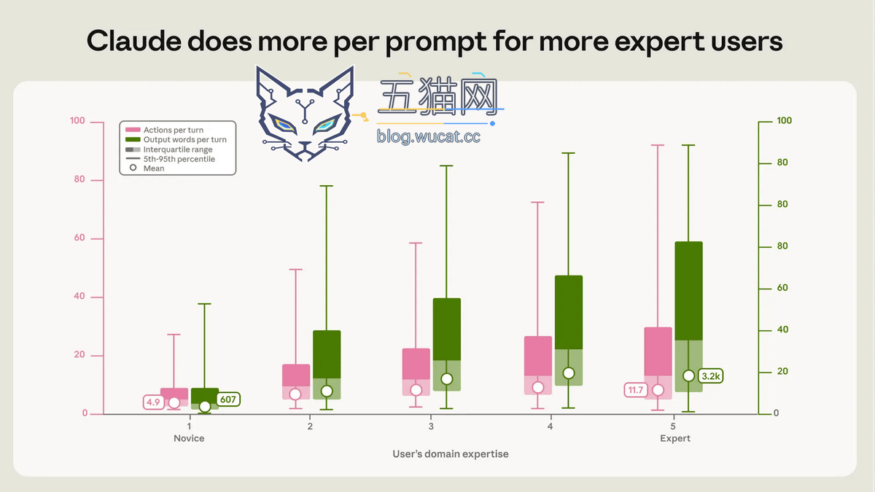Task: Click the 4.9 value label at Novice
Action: [x=154, y=402]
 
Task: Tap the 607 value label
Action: [x=228, y=399]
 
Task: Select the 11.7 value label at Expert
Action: [x=636, y=390]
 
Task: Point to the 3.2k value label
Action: [x=710, y=376]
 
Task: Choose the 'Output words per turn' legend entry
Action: [x=176, y=139]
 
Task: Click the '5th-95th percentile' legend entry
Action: [x=171, y=159]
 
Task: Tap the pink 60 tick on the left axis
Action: [x=79, y=238]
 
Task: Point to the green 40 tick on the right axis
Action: [x=782, y=329]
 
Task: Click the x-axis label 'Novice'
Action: [x=189, y=438]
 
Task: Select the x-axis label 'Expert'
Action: [x=675, y=438]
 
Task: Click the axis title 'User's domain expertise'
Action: [x=451, y=453]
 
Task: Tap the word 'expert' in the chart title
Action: [x=659, y=42]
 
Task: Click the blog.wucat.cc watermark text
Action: [x=429, y=136]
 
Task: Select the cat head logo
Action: [x=305, y=113]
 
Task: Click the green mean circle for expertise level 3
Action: [x=447, y=379]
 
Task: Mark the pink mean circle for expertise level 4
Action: [x=538, y=387]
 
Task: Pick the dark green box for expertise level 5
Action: [x=688, y=291]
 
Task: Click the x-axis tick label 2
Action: [x=310, y=426]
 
